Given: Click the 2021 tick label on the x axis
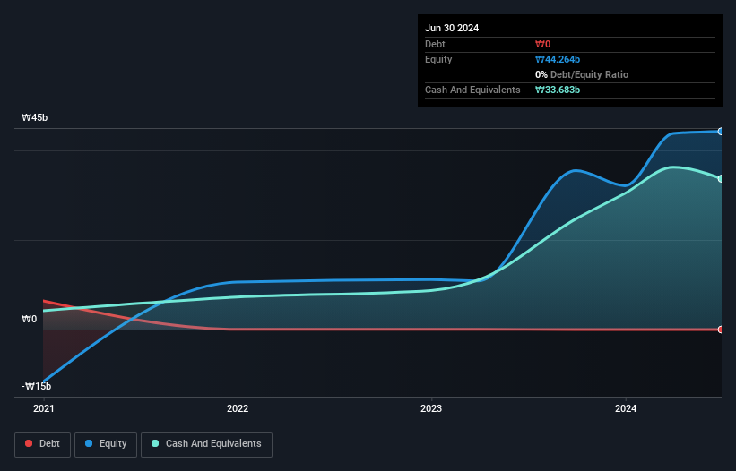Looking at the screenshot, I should [43, 408].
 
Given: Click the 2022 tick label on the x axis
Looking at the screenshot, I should [238, 408].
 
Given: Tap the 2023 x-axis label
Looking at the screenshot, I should [431, 408].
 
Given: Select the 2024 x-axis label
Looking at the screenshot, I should [626, 408].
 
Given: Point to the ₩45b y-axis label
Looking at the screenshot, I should [36, 118].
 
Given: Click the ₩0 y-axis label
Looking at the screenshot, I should [30, 319].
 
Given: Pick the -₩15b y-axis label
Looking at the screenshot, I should [37, 386].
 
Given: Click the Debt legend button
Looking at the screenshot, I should [41, 444].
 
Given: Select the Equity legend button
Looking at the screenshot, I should [106, 444].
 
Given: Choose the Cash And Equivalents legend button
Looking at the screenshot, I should [206, 444].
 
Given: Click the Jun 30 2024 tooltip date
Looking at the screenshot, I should [452, 28].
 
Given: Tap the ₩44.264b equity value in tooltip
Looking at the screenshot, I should [558, 59].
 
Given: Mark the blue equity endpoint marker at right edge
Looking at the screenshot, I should [720, 132].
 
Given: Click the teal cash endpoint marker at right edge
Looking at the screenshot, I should [720, 178].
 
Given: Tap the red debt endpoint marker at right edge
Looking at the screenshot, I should [720, 330].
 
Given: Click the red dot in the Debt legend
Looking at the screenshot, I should [30, 444].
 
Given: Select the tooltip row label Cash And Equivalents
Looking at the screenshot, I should [472, 90].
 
